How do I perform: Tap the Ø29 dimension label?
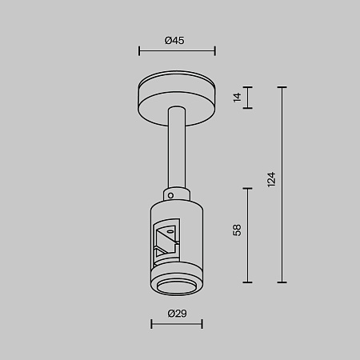[177, 313]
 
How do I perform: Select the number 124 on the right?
[270, 179]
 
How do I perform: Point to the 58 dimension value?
[237, 231]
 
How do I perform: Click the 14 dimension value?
[237, 97]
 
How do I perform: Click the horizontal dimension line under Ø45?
[177, 52]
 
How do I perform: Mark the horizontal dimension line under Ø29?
[177, 324]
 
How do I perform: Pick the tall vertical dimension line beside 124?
[282, 185]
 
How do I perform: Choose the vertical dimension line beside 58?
[248, 234]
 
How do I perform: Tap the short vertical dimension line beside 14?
[248, 97]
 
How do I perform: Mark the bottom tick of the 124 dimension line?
[282, 282]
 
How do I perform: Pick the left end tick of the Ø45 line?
[139, 52]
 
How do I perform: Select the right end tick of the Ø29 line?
[202, 324]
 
